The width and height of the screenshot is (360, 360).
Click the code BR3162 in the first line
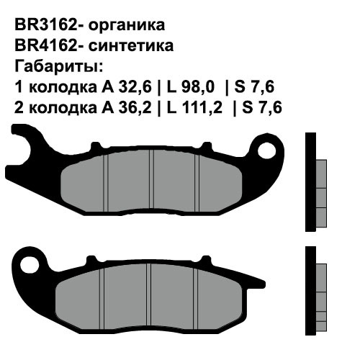tap(45, 25)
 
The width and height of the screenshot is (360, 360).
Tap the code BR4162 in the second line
tap(45, 46)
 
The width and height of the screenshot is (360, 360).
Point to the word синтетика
tap(130, 46)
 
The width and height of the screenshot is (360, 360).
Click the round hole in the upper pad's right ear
tap(267, 150)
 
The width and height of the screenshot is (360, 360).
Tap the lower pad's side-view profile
tap(315, 288)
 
